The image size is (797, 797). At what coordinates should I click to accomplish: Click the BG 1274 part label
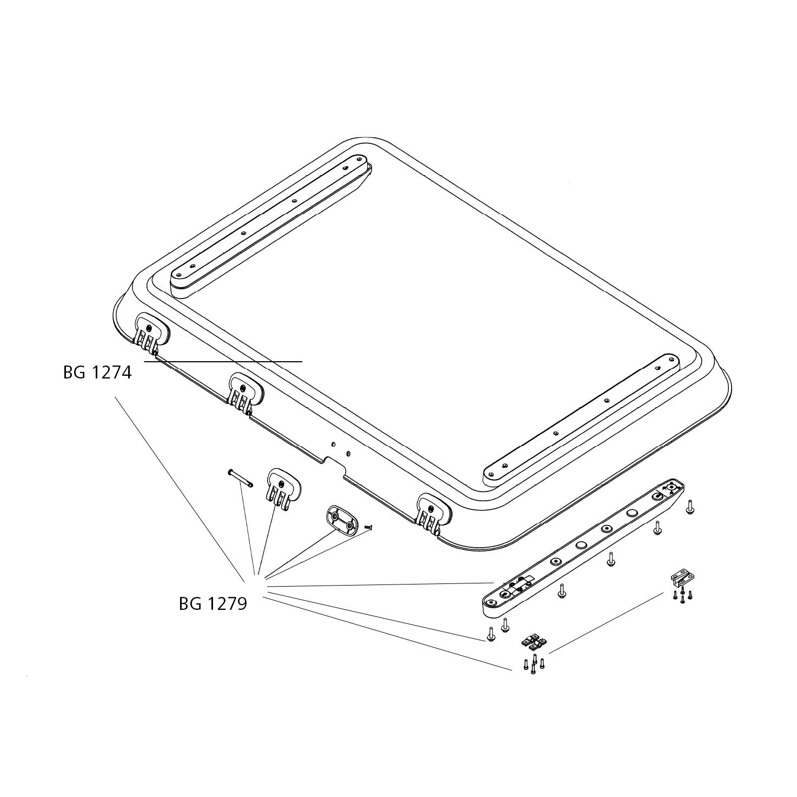97,373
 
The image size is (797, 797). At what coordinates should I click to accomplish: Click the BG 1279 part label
213,604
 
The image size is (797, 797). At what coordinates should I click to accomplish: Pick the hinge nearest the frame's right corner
434,514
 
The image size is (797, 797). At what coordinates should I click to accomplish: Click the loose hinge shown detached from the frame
283,489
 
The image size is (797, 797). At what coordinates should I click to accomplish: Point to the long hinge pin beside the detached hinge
240,478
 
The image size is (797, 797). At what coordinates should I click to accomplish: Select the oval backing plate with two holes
342,521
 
